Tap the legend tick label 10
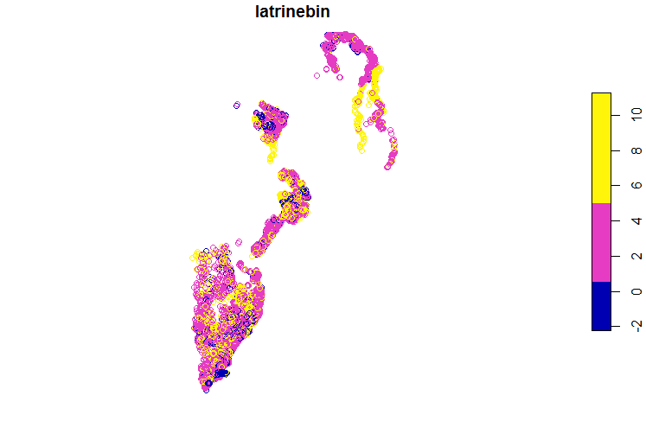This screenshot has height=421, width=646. (x=636, y=112)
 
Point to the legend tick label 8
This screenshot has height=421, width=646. (x=636, y=150)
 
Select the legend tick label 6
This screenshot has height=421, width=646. (x=636, y=185)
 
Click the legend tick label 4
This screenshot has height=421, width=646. (x=636, y=220)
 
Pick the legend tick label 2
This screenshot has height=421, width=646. (x=636, y=256)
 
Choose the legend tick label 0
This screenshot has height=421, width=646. (x=636, y=291)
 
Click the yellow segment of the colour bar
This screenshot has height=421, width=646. (x=601, y=147)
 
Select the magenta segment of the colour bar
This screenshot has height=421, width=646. (x=601, y=242)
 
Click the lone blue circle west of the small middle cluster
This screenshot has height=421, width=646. (x=236, y=105)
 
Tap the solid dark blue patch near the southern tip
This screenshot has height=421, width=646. (x=221, y=373)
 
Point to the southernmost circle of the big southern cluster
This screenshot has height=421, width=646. (x=206, y=390)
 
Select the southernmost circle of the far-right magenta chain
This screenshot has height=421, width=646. (x=387, y=167)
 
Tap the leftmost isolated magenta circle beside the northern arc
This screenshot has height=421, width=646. (x=317, y=75)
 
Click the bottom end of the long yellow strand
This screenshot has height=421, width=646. (x=361, y=149)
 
